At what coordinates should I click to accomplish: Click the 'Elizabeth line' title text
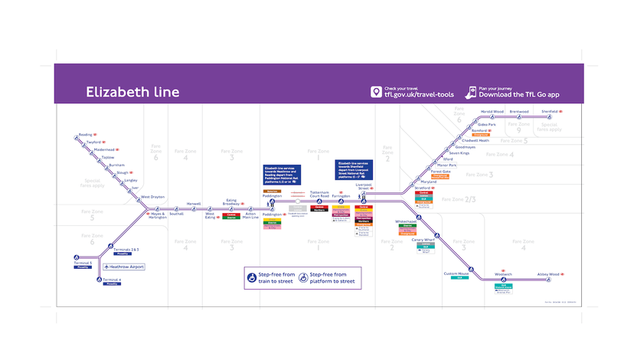click(132, 93)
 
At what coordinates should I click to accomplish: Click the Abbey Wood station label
click(548, 274)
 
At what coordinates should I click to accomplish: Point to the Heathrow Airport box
click(124, 267)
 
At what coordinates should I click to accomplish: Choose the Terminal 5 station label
click(82, 263)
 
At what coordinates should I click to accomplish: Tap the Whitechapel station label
click(405, 221)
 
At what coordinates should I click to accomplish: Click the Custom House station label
click(456, 273)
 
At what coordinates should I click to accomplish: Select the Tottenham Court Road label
click(319, 194)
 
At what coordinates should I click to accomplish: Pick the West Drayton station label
click(152, 197)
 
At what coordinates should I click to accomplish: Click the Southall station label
click(177, 214)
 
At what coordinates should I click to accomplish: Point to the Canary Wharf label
click(423, 240)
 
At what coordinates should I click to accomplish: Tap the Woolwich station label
click(503, 273)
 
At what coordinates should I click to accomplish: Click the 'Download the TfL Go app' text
click(519, 94)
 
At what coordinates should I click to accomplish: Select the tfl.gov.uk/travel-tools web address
click(419, 95)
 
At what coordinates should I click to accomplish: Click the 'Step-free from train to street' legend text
click(276, 278)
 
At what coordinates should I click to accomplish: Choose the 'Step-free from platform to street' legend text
click(332, 278)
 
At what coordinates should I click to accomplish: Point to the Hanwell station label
click(193, 204)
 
